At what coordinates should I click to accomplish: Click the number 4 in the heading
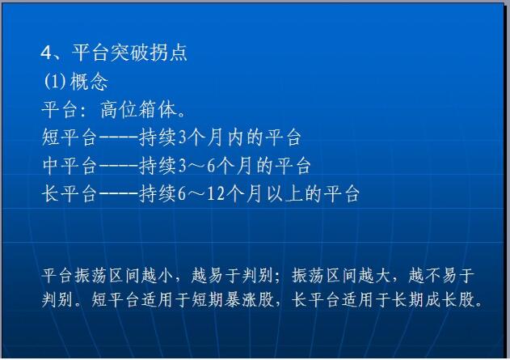(46, 53)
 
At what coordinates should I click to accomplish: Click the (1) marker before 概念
(55, 81)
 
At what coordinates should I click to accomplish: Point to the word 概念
(89, 82)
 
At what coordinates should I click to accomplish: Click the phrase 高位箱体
(139, 109)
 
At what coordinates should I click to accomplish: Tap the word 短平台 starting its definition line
(70, 138)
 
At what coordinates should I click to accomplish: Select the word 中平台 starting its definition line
(70, 165)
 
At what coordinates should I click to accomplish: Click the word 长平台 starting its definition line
(70, 193)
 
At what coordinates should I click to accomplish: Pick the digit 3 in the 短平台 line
(182, 138)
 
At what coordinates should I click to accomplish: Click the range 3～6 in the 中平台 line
(196, 166)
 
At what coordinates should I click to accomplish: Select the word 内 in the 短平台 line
(235, 138)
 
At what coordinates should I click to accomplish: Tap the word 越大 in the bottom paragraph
(373, 275)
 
